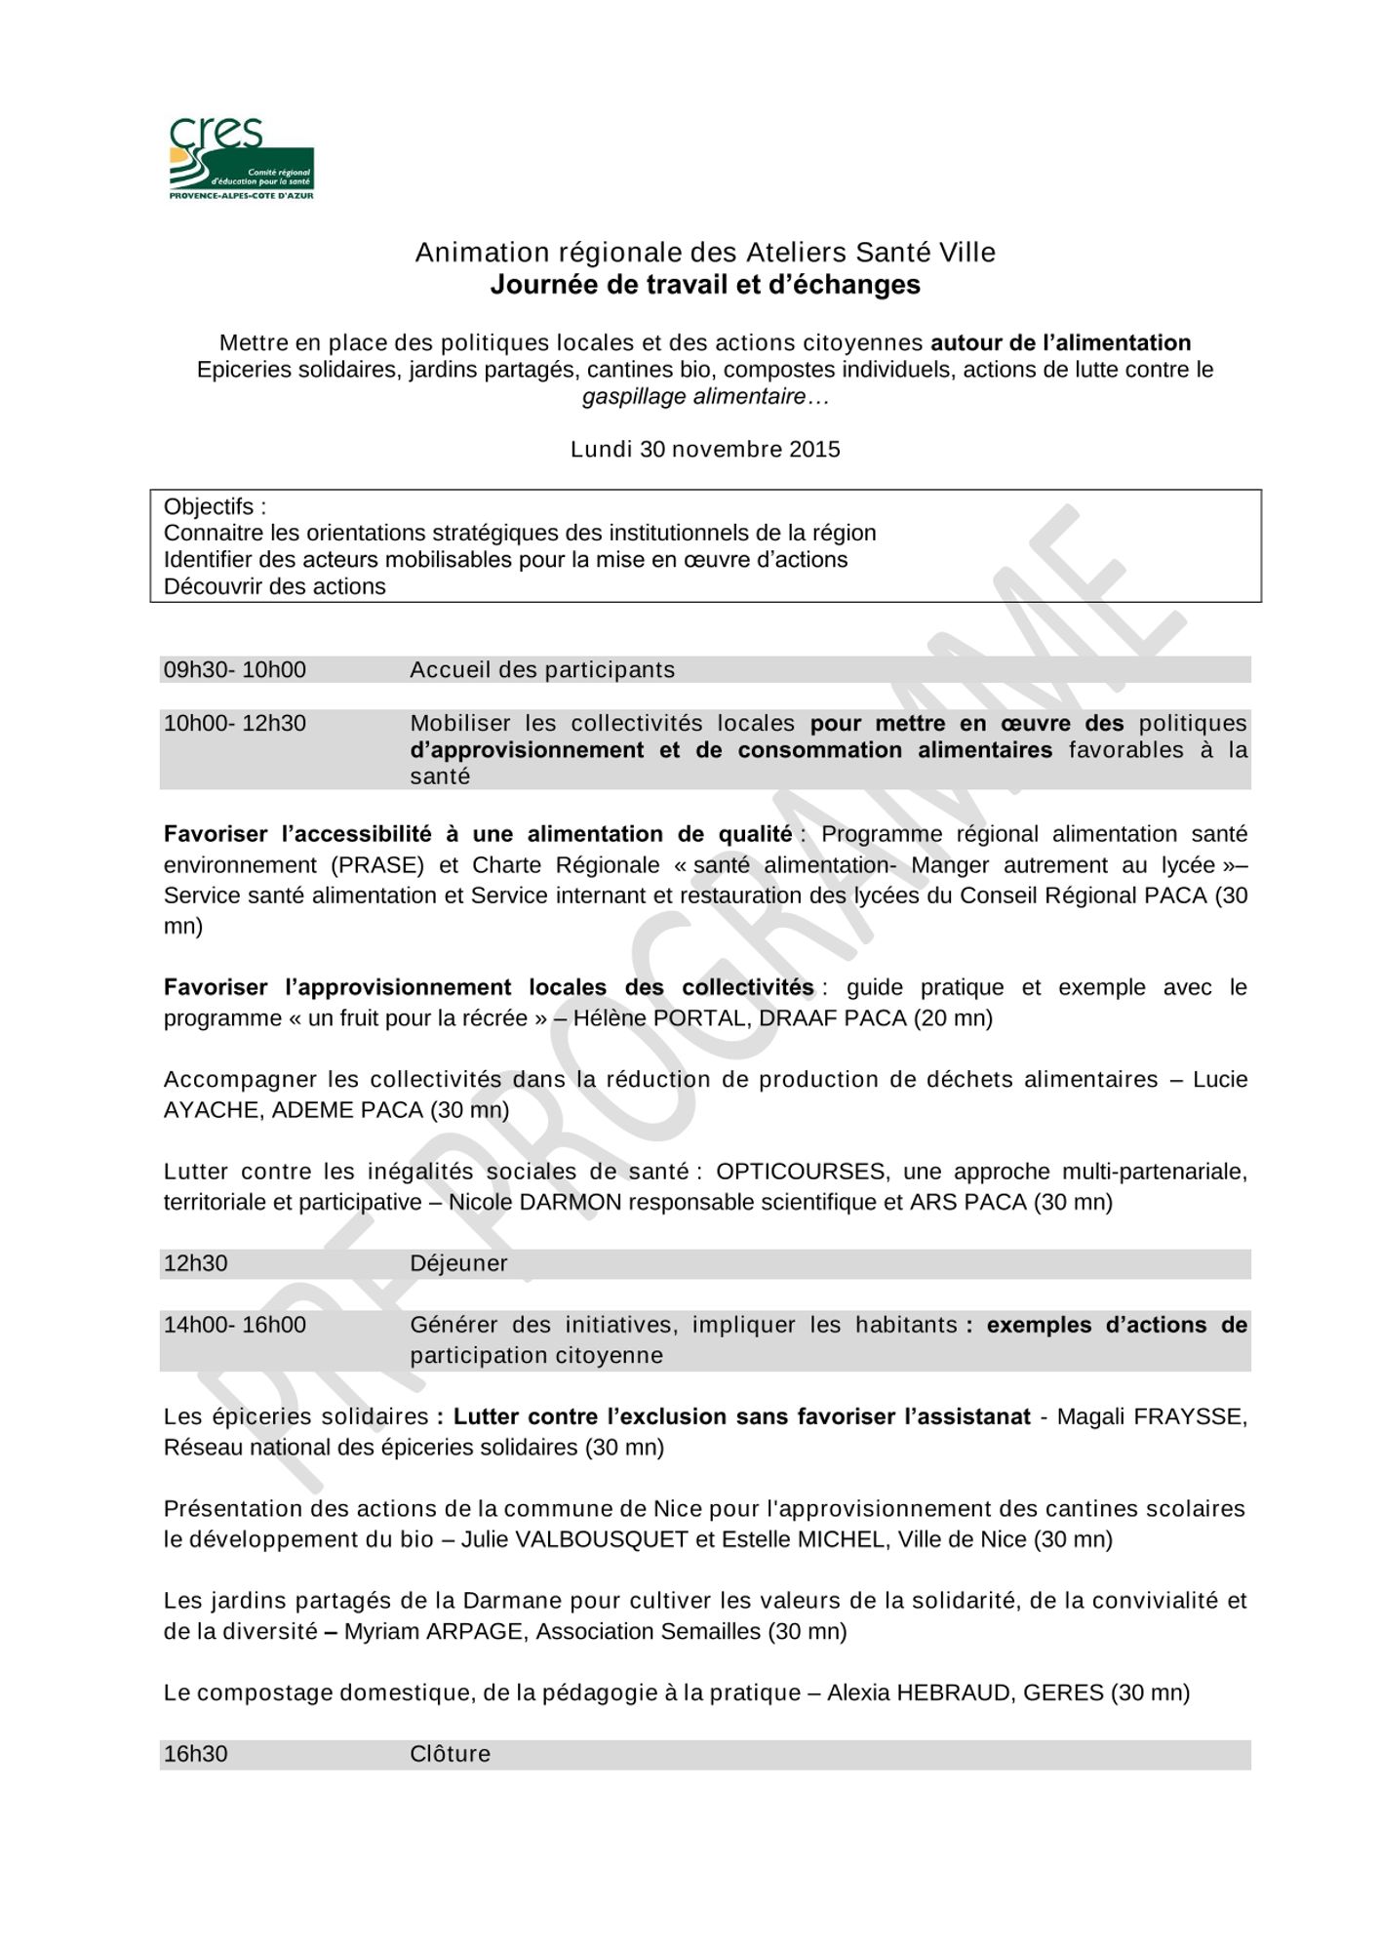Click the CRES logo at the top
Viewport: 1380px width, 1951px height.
point(241,159)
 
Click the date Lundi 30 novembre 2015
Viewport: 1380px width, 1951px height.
point(705,450)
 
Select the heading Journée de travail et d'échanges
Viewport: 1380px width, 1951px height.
point(705,285)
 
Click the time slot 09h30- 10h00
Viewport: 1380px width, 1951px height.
point(235,670)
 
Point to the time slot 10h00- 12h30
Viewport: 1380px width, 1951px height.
point(235,724)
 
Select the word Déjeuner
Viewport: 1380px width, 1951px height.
point(458,1263)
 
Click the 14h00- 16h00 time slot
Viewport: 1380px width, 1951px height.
point(235,1325)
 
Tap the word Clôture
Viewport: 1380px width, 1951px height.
point(450,1754)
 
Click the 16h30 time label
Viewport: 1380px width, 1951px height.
point(196,1754)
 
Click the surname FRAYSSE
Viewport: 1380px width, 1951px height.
point(1190,1416)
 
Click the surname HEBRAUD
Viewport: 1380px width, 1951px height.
point(953,1692)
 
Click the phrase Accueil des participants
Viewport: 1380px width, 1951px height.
point(542,670)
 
